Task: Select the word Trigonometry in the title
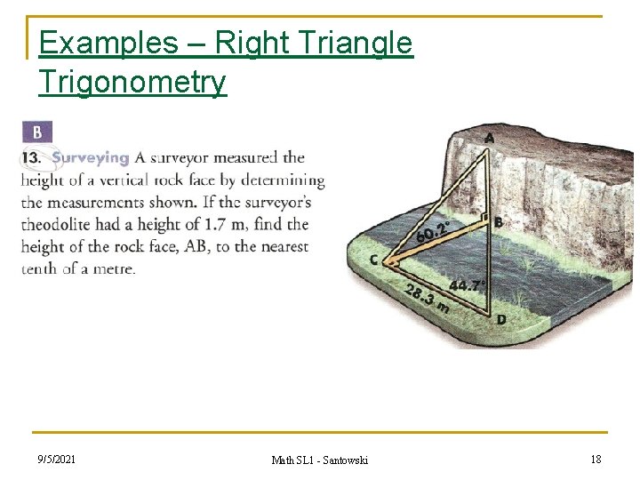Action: [132, 82]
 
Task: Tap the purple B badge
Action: [37, 132]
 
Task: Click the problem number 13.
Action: [32, 158]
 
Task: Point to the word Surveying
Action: [90, 158]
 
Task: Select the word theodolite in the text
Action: [58, 225]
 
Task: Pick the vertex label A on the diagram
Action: [490, 138]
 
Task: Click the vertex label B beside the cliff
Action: [500, 223]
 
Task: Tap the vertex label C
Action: [375, 260]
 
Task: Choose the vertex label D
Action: [501, 319]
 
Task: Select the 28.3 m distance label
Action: [426, 300]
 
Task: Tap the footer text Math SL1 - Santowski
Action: [319, 460]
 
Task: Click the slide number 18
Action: [595, 459]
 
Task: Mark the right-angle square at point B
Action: [484, 217]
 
